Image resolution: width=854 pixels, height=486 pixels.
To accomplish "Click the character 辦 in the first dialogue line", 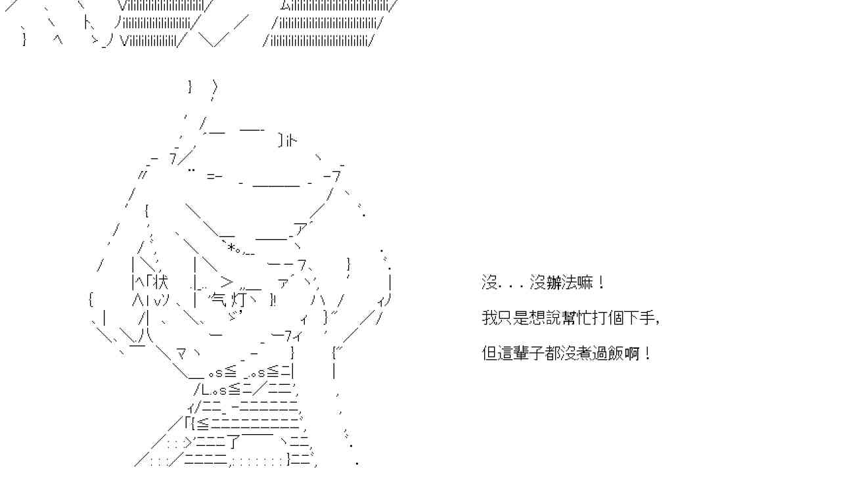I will pos(553,283).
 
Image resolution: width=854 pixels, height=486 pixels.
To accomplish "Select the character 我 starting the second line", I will pos(490,319).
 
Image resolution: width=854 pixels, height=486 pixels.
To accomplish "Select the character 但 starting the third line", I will pos(490,353).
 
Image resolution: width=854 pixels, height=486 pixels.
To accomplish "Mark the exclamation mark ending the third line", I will pos(648,353).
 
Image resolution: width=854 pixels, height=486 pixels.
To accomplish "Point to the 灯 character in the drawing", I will pos(240,300).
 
